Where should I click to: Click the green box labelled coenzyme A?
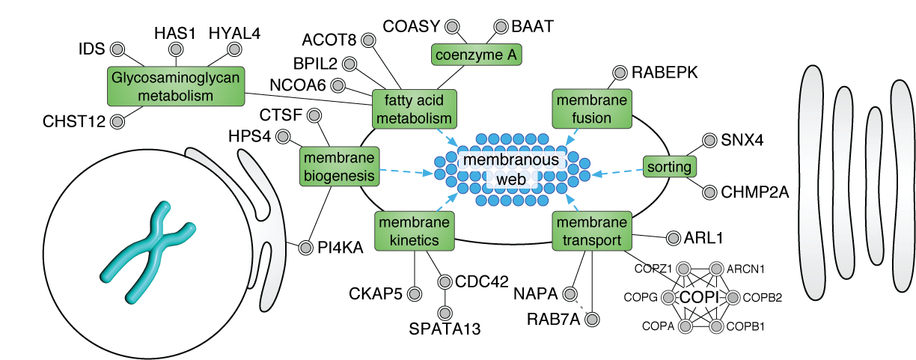(x=477, y=54)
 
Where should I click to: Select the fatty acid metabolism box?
(x=415, y=109)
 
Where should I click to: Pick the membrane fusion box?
(x=591, y=109)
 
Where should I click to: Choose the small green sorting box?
(x=669, y=167)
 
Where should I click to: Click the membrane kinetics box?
(x=415, y=231)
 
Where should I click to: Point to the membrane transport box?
(x=591, y=231)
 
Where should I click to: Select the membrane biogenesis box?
(x=339, y=166)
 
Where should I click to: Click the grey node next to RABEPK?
(x=620, y=73)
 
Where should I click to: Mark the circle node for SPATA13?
(x=445, y=312)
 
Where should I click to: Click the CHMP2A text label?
(x=755, y=192)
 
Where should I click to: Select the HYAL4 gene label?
(x=234, y=32)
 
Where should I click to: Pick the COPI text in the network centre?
(x=699, y=297)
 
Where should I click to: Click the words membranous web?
(x=509, y=171)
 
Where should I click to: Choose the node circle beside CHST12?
(x=117, y=120)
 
